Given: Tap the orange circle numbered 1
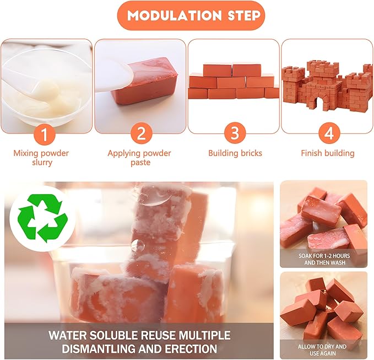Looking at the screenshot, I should click(47, 133).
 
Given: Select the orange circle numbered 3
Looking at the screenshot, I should click(235, 133).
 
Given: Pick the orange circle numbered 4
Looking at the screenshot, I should click(327, 133).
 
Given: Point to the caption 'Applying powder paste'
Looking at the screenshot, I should click(139, 158).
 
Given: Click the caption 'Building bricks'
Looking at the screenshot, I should click(235, 153).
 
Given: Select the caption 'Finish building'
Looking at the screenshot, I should click(328, 153).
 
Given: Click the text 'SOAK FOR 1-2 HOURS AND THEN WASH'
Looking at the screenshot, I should click(323, 260).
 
